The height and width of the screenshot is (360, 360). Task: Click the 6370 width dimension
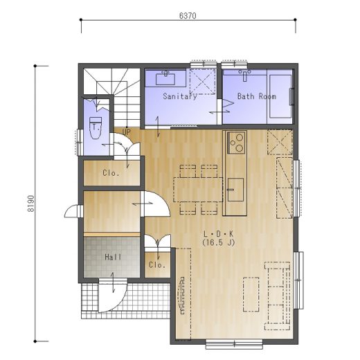click(x=188, y=16)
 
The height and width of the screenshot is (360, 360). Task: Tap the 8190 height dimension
click(x=31, y=204)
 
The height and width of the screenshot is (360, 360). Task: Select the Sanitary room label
click(x=180, y=96)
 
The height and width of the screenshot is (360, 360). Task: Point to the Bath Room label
click(x=257, y=96)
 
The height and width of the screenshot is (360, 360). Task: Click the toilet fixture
click(x=96, y=127)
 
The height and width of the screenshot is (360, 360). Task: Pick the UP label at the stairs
click(x=126, y=132)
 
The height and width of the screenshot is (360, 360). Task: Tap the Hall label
click(x=113, y=257)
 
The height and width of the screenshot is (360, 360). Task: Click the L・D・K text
click(x=218, y=234)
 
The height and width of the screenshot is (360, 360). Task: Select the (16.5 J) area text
click(x=218, y=242)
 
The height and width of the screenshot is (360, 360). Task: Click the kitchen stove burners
click(x=237, y=143)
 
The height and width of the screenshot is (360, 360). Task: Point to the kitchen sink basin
click(x=235, y=190)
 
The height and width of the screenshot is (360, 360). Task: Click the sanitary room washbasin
click(x=165, y=78)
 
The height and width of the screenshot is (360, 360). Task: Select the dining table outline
click(x=198, y=190)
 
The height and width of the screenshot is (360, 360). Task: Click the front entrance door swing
click(x=113, y=296)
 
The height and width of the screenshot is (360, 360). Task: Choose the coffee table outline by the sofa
click(x=251, y=294)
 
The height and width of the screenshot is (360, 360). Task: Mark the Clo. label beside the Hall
click(x=157, y=265)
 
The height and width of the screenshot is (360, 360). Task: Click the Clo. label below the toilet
click(x=111, y=173)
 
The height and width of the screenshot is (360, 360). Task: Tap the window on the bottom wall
click(x=234, y=344)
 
